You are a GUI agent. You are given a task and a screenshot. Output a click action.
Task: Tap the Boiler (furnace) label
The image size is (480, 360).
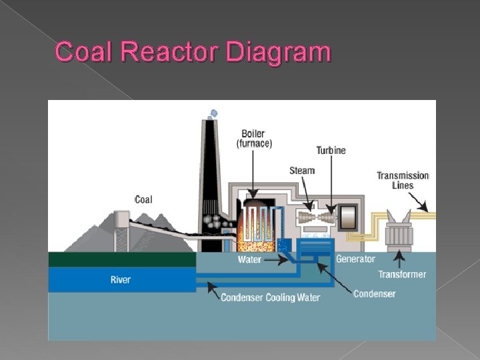coord(253,138)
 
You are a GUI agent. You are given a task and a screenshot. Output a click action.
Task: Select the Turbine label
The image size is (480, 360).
coord(331,151)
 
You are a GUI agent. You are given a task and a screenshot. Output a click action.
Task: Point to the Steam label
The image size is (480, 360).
coord(301,171)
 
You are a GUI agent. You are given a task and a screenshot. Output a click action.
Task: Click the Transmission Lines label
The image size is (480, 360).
coord(403,181)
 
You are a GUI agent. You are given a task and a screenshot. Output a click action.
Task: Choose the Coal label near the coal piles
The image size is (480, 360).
coord(143,199)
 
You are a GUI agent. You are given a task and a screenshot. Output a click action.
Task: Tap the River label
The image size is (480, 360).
coord(121,279)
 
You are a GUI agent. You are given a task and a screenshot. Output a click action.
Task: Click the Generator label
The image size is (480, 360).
coord(355,259)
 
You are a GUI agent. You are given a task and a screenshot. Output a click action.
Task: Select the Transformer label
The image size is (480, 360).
coord(402,274)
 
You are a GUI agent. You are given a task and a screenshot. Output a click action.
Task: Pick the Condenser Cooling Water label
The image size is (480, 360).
coord(270,297)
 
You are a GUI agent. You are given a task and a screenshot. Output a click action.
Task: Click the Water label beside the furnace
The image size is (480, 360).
coord(249,260)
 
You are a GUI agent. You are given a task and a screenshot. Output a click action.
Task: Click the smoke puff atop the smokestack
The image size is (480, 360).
coord(213,114)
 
